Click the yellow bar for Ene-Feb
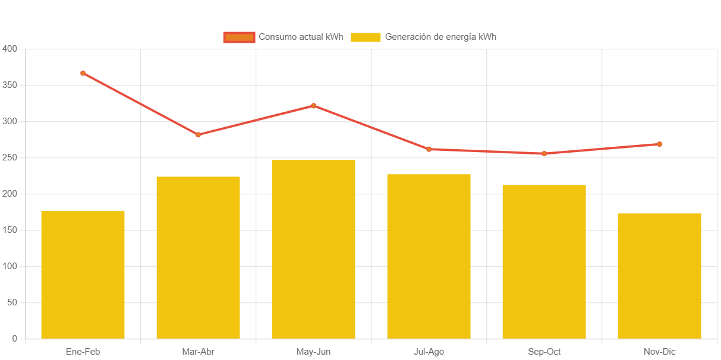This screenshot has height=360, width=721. [83, 274]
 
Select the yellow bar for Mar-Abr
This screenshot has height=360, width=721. [198, 257]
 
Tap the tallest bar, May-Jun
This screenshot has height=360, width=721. [313, 249]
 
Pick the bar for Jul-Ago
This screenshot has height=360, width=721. [429, 256]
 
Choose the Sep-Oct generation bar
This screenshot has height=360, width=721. [544, 261]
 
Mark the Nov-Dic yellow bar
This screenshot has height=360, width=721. [659, 276]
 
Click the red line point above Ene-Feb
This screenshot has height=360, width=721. [83, 73]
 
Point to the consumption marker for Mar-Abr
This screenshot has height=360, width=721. [198, 135]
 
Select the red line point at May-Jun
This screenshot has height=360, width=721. [313, 106]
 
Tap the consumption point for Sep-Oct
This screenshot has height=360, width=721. [544, 154]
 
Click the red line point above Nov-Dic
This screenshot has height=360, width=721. [659, 144]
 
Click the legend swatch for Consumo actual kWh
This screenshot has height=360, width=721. [239, 37]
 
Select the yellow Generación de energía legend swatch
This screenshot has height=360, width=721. [366, 37]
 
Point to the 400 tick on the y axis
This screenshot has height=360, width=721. [10, 48]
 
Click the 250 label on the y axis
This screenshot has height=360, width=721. [10, 157]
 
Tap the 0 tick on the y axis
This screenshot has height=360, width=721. [14, 339]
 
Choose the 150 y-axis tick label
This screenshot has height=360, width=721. [10, 230]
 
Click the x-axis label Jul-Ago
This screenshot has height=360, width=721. [429, 352]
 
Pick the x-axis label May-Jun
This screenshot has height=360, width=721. [313, 352]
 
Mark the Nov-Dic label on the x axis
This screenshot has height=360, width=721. [659, 352]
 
